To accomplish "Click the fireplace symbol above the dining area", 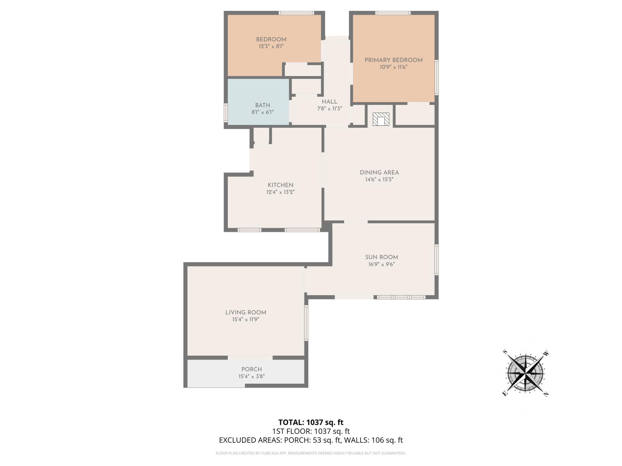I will pos(381,119).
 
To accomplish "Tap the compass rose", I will pos(525,373).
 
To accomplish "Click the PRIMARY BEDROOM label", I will pos(393,60).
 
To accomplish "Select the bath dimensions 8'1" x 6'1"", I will pos(262,112).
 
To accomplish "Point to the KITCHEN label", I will pos(280,185).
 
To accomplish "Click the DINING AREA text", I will pos(379,173).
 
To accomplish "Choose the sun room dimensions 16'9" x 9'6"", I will pos(381,264).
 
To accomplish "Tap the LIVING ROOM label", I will pos(246,313).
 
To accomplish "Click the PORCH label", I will pos(252,369).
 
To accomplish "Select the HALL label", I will pos(329,102).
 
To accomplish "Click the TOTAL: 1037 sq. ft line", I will pos(311,422).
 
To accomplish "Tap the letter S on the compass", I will pos(505,352).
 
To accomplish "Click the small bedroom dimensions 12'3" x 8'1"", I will pos(271,46).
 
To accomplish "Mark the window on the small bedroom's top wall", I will pos(296,13).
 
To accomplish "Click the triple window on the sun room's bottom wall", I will pos(401,297).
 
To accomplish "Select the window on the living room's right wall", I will pos(306,323).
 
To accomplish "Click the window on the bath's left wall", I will pos(225,113).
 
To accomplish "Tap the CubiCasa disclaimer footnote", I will pos(311,453).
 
